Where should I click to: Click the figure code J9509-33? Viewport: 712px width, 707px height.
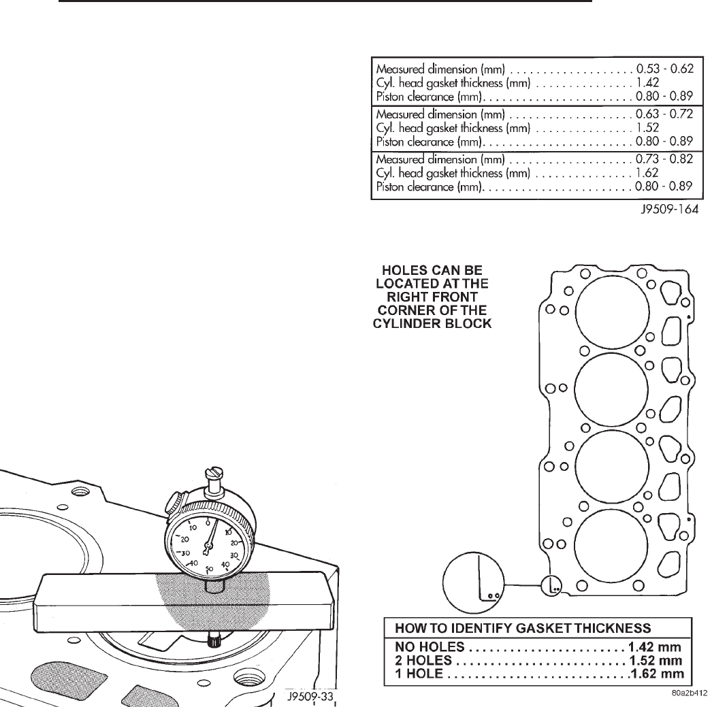(x=310, y=695)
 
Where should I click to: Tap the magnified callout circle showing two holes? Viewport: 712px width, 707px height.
(x=474, y=578)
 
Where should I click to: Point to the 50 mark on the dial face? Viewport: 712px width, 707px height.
(x=209, y=568)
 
